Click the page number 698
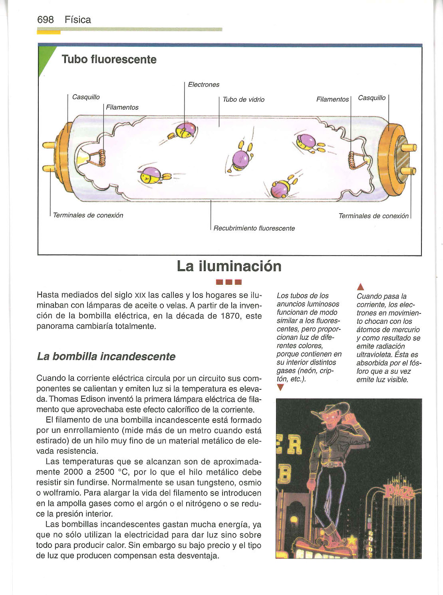(45, 20)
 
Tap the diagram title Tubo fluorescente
(109, 59)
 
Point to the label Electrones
(203, 85)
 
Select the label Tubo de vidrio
(243, 99)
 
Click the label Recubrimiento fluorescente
(254, 228)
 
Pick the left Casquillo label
(86, 97)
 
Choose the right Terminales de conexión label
(373, 216)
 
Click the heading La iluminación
(229, 266)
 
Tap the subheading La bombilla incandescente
(106, 356)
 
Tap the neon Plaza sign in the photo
(399, 491)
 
